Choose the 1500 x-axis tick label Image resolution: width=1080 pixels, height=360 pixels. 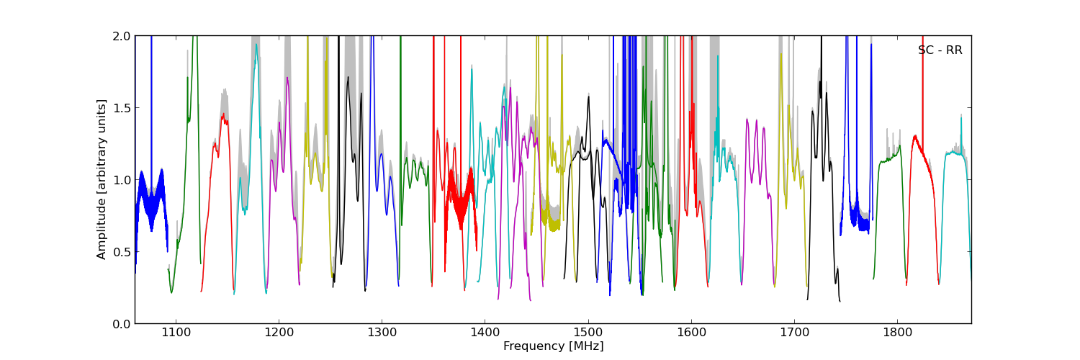(x=588, y=333)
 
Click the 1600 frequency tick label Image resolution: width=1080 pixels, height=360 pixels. (x=691, y=333)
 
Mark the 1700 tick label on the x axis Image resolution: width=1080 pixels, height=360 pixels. (x=794, y=333)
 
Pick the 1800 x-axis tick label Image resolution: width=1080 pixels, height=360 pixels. (x=897, y=333)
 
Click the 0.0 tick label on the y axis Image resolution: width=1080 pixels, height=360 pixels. (x=120, y=324)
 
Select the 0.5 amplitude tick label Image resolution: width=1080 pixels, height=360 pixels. (x=120, y=252)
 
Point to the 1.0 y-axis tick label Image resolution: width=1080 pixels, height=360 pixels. (x=120, y=180)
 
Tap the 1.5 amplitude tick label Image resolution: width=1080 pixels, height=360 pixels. (x=120, y=108)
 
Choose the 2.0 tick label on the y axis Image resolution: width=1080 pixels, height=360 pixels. (x=120, y=36)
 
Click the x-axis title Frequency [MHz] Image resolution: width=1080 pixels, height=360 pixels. (x=553, y=346)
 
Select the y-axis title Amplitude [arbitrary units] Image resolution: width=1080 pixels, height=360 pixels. (x=102, y=179)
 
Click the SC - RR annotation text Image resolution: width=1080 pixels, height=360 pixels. (x=940, y=50)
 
